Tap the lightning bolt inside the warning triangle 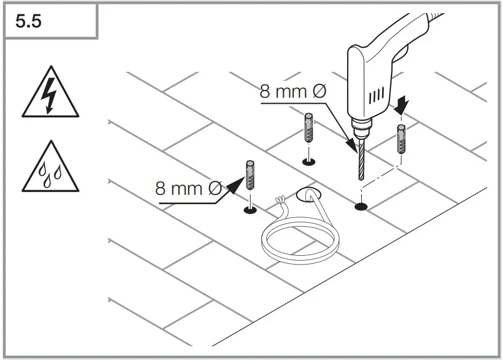(x=50, y=98)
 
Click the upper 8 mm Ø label (x=293, y=92)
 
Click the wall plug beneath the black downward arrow (x=402, y=139)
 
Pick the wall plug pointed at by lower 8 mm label (x=250, y=175)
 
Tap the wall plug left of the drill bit (x=309, y=127)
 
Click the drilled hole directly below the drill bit (x=361, y=207)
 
